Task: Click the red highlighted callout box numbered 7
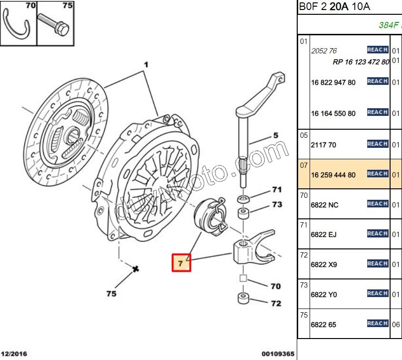181,263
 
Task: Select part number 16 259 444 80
333,175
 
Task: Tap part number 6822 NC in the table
324,205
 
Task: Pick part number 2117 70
323,145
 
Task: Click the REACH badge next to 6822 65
377,323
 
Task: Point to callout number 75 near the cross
111,294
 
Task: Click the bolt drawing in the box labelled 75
55,24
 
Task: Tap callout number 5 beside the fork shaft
275,136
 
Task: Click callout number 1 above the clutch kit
147,64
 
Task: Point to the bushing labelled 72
243,299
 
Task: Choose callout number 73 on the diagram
277,205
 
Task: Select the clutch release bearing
210,217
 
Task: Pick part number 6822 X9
324,265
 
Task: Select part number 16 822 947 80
333,82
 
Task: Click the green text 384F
388,25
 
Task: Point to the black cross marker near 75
136,269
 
